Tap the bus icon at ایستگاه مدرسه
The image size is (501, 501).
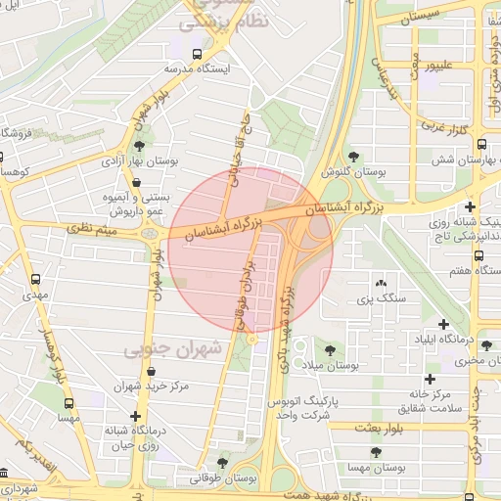pyautogui.click(x=198, y=54)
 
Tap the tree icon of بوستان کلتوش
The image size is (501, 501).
pyautogui.click(x=353, y=157)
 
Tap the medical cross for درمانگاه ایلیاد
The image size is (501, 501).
pyautogui.click(x=444, y=324)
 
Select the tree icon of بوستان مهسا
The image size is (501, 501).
pyautogui.click(x=376, y=451)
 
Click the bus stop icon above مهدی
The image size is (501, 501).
pyautogui.click(x=36, y=279)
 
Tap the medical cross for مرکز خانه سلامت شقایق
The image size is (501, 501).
pyautogui.click(x=429, y=379)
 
